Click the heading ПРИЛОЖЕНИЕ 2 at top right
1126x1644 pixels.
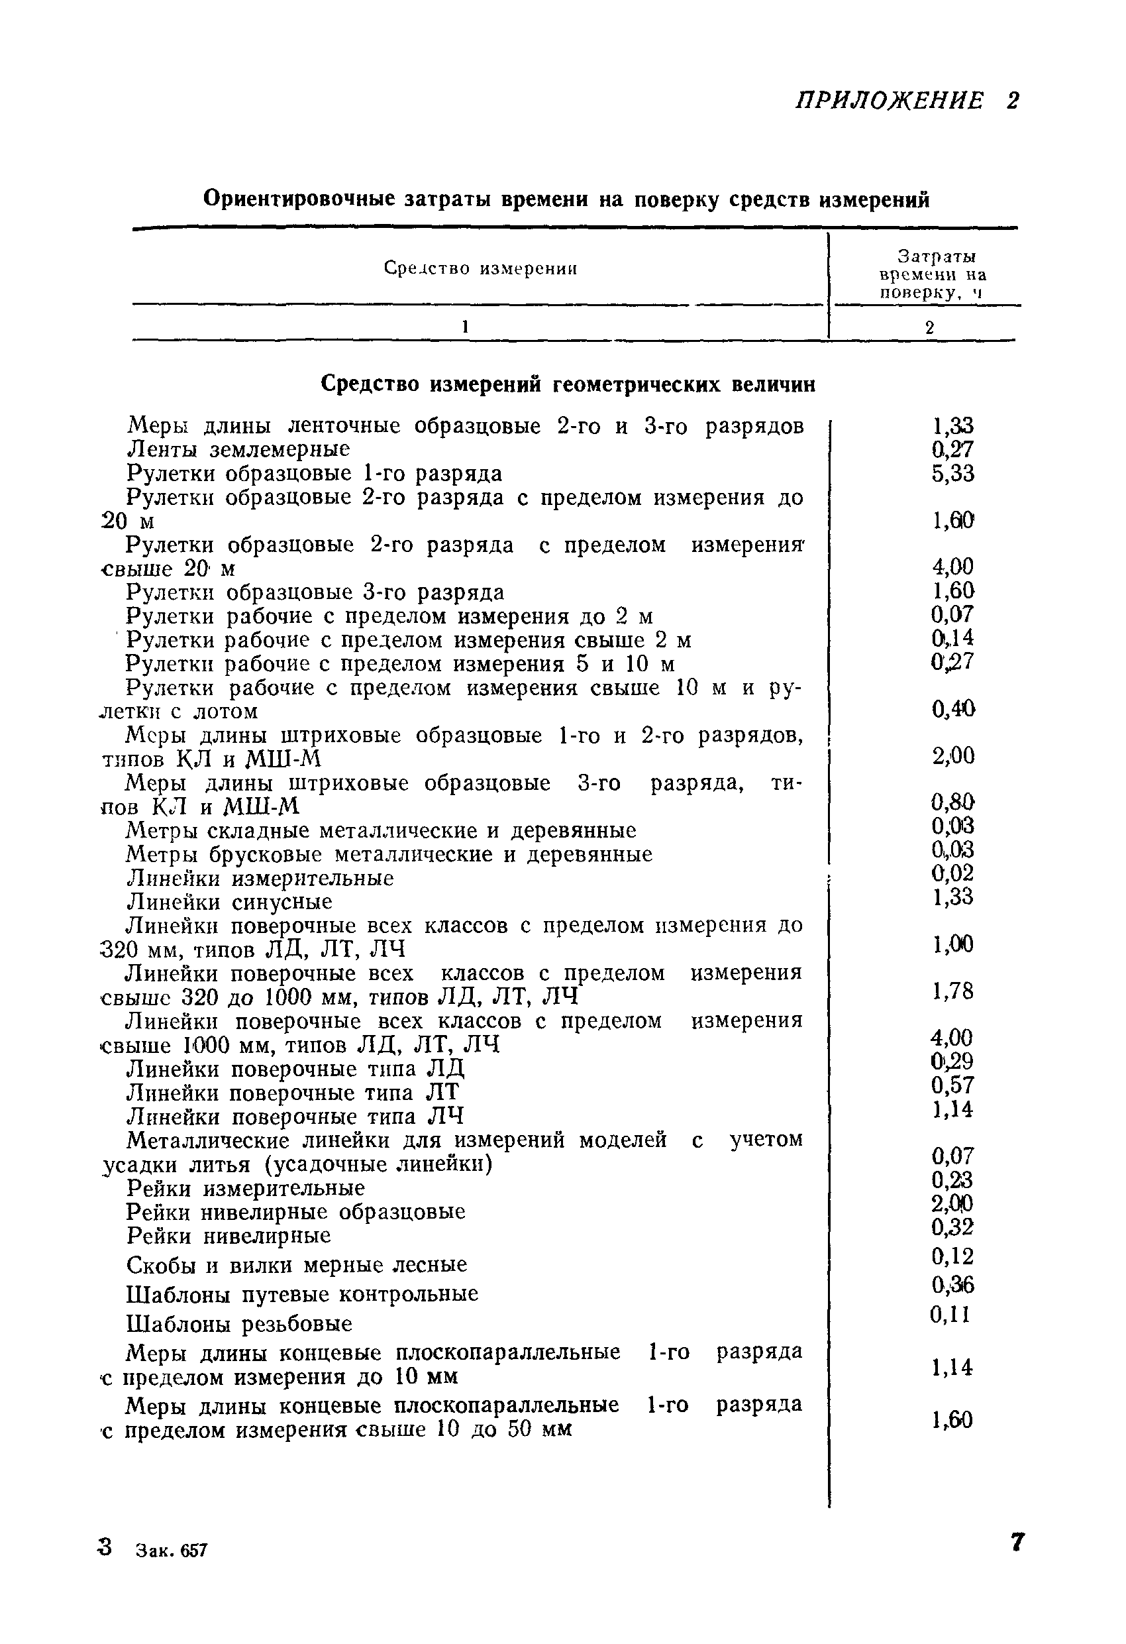click(907, 101)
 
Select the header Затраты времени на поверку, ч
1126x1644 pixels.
click(931, 274)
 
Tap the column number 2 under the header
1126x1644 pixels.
click(929, 327)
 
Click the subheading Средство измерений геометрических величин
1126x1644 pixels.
click(567, 384)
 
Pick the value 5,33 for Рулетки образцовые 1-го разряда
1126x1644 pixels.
click(952, 473)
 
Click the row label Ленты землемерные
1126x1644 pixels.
click(238, 449)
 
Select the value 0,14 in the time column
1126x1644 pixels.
click(952, 638)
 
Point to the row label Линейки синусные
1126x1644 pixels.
click(229, 902)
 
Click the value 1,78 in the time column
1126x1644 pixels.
click(952, 991)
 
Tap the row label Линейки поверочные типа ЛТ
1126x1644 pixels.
click(293, 1092)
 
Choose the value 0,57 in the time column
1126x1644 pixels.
click(952, 1085)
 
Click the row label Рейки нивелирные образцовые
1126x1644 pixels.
click(295, 1212)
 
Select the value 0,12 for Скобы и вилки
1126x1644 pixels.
click(952, 1256)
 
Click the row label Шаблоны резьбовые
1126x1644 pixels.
click(239, 1323)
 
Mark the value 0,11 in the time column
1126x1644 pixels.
click(950, 1315)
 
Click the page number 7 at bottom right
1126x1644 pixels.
click(1016, 1543)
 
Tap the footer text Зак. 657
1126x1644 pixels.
click(172, 1551)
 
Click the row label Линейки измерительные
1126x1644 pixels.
click(260, 879)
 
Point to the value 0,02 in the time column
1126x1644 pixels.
click(952, 873)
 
